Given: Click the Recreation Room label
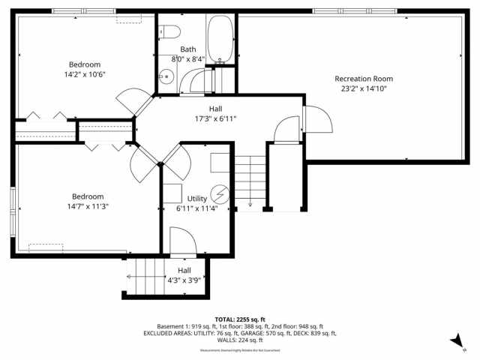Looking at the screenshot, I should click(x=363, y=79).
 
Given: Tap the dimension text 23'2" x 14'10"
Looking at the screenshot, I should click(x=363, y=88).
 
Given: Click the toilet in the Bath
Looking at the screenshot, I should click(x=170, y=32).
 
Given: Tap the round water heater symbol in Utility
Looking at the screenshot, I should click(x=219, y=193).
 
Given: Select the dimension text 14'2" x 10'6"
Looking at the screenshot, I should click(x=85, y=74).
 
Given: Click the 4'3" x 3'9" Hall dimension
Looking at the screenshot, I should click(x=184, y=281).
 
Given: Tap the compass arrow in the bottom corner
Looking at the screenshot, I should click(x=455, y=340).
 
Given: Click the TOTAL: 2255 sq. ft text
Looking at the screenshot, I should click(x=240, y=319).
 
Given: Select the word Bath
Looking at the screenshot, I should click(x=188, y=49).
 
